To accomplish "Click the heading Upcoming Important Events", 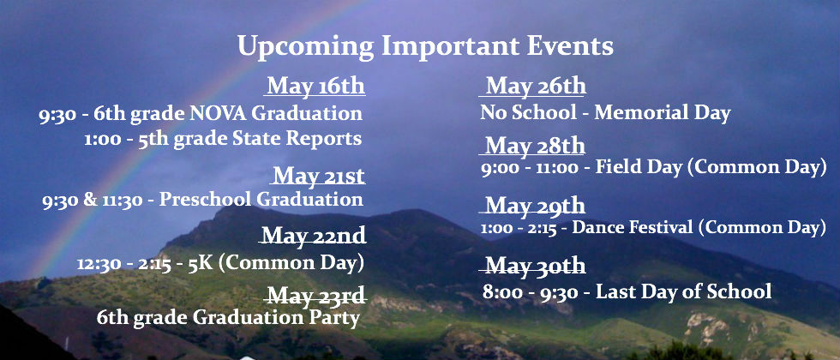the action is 425,47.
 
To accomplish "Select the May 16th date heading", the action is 316,87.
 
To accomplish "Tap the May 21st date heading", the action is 319,176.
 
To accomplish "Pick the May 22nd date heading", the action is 314,235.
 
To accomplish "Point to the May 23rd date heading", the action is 316,295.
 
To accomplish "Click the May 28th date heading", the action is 535,146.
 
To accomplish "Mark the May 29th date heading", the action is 535,206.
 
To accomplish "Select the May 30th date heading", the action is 535,266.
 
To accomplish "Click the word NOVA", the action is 218,113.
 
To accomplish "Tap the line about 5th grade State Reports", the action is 223,139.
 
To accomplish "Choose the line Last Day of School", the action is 627,292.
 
